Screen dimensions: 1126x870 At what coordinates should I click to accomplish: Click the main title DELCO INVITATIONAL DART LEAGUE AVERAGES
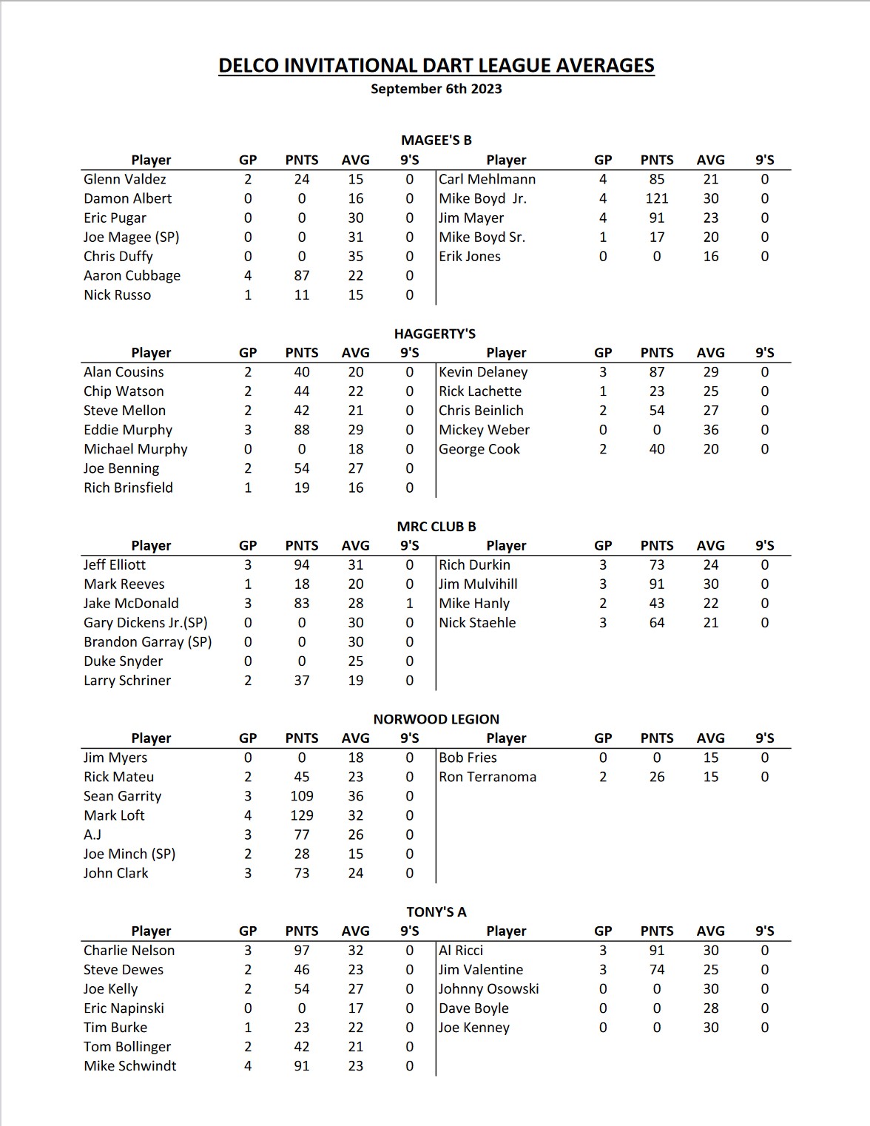pyautogui.click(x=436, y=66)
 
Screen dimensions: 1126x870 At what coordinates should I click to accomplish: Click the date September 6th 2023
pyautogui.click(x=436, y=89)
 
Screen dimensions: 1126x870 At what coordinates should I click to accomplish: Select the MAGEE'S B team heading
pyautogui.click(x=436, y=141)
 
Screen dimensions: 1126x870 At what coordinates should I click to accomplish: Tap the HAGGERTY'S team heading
pyautogui.click(x=435, y=334)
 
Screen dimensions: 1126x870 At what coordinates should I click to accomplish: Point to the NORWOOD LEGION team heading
pyautogui.click(x=436, y=719)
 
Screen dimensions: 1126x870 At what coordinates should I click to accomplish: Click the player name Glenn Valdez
pyautogui.click(x=125, y=179)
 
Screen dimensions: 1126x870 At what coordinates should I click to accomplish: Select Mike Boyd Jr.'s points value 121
pyautogui.click(x=657, y=198)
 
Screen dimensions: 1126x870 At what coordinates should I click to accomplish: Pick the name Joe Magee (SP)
pyautogui.click(x=132, y=237)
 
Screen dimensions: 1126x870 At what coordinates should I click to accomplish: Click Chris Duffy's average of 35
pyautogui.click(x=356, y=256)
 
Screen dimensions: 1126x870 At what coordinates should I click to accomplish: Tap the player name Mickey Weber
pyautogui.click(x=485, y=430)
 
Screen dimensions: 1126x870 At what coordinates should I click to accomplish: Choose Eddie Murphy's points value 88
pyautogui.click(x=302, y=430)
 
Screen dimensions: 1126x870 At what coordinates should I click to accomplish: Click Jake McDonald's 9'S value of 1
pyautogui.click(x=410, y=603)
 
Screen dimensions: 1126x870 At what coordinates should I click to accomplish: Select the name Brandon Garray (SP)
pyautogui.click(x=148, y=641)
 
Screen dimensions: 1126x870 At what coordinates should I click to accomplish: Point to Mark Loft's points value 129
pyautogui.click(x=302, y=815)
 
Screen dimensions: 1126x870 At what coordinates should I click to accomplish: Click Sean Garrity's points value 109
pyautogui.click(x=302, y=796)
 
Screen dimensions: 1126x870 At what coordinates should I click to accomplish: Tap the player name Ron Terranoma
pyautogui.click(x=488, y=777)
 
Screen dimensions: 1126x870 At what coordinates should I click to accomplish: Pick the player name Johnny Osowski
pyautogui.click(x=489, y=988)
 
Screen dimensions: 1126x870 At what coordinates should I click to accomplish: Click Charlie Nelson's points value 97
pyautogui.click(x=302, y=950)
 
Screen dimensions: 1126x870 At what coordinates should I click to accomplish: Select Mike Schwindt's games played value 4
pyautogui.click(x=248, y=1066)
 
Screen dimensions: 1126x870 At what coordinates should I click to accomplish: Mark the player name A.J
pyautogui.click(x=92, y=835)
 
